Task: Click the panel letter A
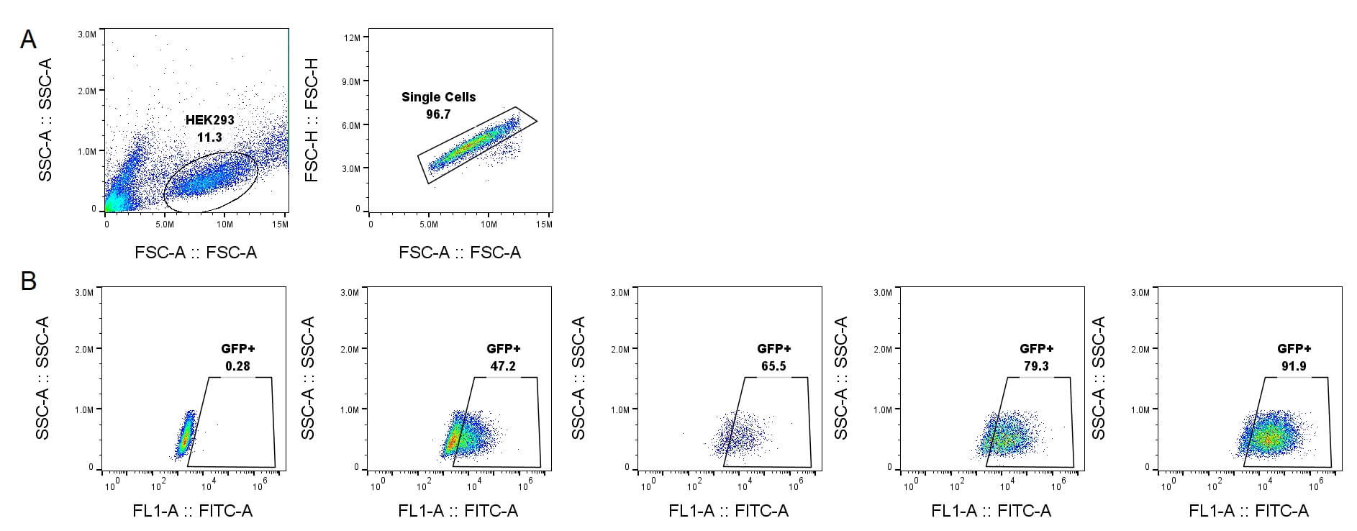(28, 40)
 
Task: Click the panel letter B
(28, 281)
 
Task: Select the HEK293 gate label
(210, 120)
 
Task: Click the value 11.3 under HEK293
(209, 137)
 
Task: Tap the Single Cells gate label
(438, 97)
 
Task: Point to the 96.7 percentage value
(438, 114)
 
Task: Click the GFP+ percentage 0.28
(237, 366)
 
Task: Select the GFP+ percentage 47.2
(502, 366)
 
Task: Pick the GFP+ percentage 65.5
(773, 366)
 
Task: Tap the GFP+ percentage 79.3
(1036, 366)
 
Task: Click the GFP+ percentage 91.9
(1294, 366)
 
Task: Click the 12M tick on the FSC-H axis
(353, 37)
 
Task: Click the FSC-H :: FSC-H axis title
(312, 120)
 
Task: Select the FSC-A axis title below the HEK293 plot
(196, 253)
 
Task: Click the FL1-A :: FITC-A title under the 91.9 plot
(1248, 511)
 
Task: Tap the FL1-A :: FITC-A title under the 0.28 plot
(193, 511)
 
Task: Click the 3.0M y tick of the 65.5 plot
(619, 293)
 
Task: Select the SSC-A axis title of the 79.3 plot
(841, 378)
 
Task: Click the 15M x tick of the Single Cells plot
(544, 224)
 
